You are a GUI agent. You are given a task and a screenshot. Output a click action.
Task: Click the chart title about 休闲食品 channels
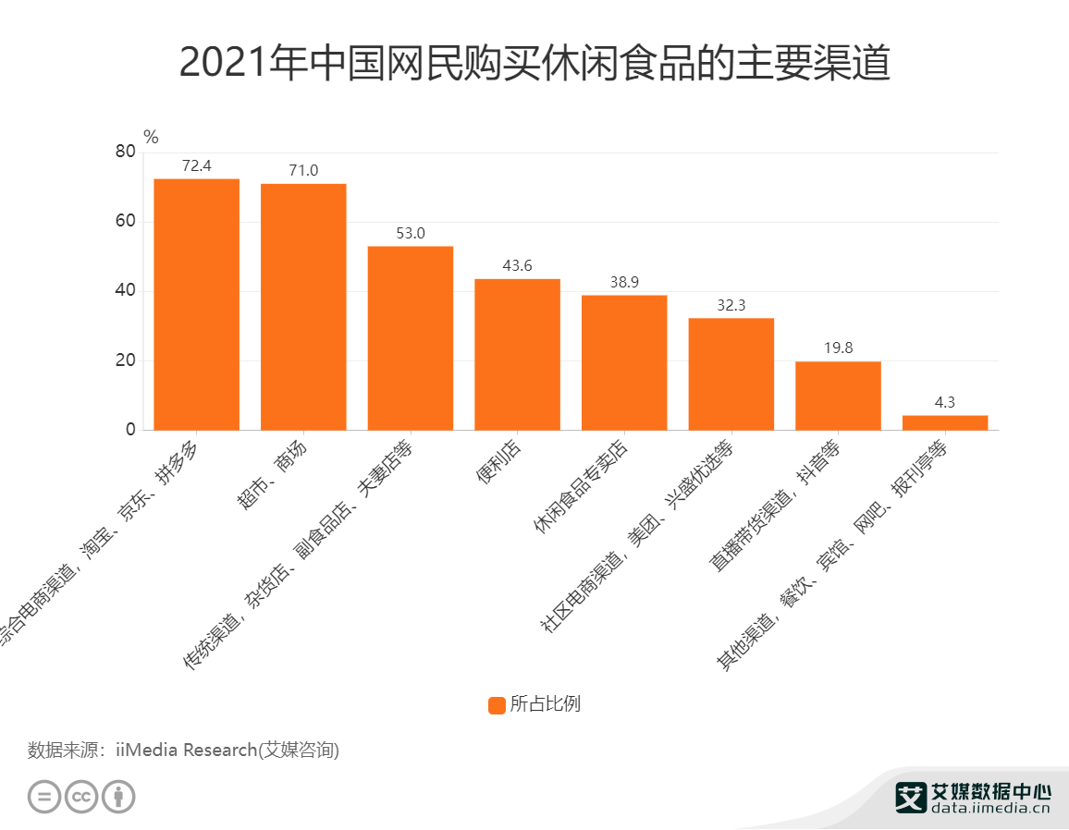pos(534,63)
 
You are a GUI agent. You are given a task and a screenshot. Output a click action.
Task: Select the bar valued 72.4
pos(196,304)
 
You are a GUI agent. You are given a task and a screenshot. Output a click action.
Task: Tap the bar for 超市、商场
pos(303,307)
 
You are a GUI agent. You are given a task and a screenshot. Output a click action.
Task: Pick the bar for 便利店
pos(517,354)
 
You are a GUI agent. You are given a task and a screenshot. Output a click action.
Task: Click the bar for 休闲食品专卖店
pos(624,362)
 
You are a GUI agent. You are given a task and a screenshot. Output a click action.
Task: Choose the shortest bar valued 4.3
pos(945,422)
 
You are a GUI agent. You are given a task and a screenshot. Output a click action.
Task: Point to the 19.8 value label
pos(838,348)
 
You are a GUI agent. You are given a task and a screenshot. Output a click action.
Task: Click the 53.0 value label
pos(411,233)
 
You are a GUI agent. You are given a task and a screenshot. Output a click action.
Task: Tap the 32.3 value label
pos(731,305)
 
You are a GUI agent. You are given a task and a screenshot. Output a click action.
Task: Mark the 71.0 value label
pos(303,170)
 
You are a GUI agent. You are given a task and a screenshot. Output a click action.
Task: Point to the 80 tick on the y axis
pos(125,153)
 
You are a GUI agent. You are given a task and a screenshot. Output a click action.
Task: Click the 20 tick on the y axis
pos(125,360)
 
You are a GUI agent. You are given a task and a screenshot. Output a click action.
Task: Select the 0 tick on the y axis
pos(130,430)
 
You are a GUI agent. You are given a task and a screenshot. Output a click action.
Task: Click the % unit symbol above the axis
pos(151,138)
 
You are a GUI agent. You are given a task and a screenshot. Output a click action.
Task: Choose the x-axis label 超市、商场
pos(277,475)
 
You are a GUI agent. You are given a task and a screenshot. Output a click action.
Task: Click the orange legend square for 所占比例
pos(497,705)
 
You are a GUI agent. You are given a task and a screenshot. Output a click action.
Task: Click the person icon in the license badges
pos(118,797)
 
